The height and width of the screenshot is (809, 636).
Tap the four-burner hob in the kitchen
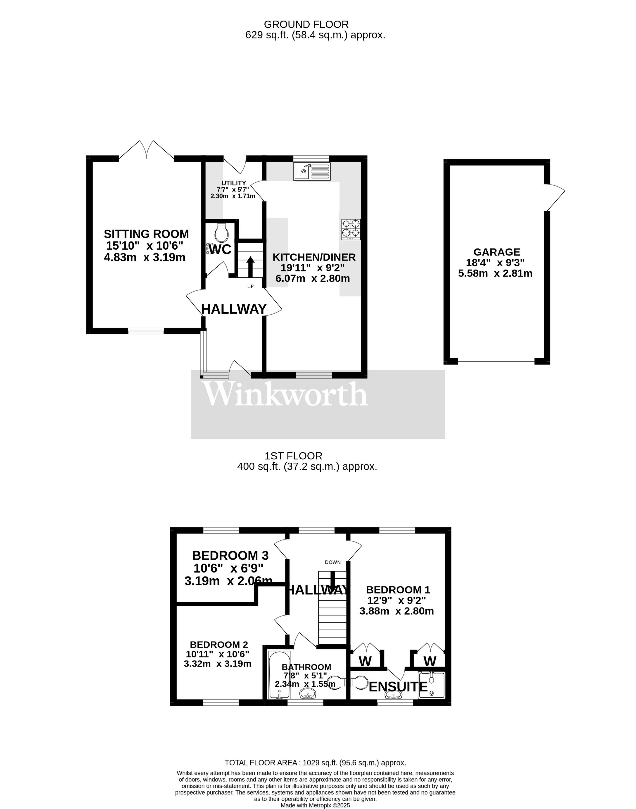pyautogui.click(x=351, y=229)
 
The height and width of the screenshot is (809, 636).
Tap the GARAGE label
pyautogui.click(x=496, y=252)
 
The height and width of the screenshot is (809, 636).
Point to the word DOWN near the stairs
pyautogui.click(x=332, y=562)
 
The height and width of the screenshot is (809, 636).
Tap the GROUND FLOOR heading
pyautogui.click(x=306, y=25)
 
